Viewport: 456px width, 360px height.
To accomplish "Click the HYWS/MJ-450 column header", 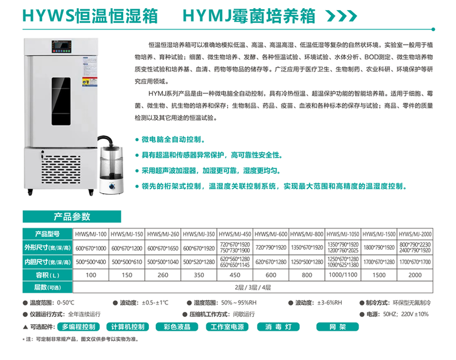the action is [x=235, y=234].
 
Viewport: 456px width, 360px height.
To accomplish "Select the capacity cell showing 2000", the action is [x=415, y=275].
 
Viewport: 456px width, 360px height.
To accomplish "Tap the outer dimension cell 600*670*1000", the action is [x=91, y=248].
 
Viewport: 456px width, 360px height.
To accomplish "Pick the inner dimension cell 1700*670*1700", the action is [x=415, y=262].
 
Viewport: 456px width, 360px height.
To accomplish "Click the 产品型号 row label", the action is [x=48, y=234].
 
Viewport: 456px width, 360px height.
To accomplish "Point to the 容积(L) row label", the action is [x=48, y=275].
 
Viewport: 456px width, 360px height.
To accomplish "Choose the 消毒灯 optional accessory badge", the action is [x=279, y=327].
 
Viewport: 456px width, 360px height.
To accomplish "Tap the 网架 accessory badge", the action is [x=337, y=327].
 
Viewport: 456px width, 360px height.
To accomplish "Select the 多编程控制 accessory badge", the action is [x=78, y=327].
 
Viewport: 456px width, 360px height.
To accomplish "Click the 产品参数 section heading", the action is [x=72, y=217].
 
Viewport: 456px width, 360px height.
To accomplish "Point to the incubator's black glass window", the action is [x=61, y=101].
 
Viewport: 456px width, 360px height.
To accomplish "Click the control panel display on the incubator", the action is [x=62, y=47].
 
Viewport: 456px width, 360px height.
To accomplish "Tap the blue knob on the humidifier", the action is [x=112, y=186].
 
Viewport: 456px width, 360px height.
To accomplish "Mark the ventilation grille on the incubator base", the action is [x=61, y=170].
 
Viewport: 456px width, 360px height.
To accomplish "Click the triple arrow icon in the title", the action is [x=342, y=16].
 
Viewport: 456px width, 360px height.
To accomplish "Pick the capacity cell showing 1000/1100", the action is [x=343, y=275].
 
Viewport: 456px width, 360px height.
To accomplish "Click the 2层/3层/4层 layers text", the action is [x=253, y=287].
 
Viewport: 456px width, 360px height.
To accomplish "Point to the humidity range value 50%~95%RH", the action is [x=239, y=303].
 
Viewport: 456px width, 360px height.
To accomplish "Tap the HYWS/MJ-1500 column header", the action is [x=379, y=234].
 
